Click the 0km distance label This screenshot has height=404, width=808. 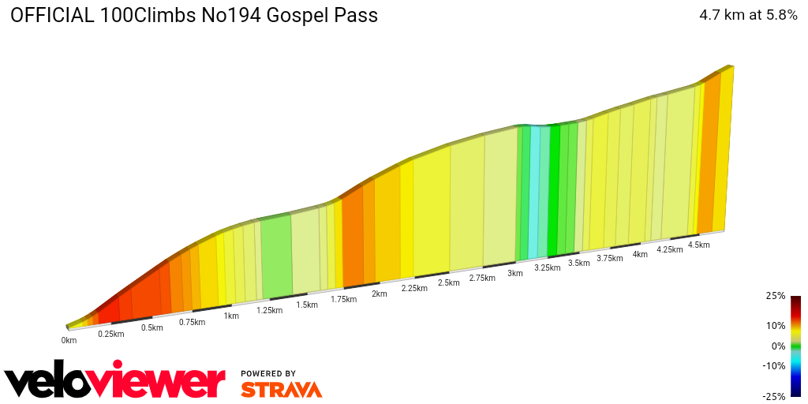tap(69, 340)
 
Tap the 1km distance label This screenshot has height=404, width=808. tap(231, 316)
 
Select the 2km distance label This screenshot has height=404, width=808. tap(379, 294)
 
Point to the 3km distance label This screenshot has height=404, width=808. tap(515, 273)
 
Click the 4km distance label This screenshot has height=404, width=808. tap(640, 254)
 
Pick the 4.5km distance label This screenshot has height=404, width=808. tap(698, 245)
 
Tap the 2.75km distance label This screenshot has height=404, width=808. tap(482, 278)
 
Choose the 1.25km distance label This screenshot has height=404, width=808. tap(269, 310)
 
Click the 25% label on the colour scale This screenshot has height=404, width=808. tap(775, 296)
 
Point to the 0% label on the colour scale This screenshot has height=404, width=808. tap(778, 346)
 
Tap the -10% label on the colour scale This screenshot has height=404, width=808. tap(773, 365)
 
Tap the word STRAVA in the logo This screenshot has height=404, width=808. tap(281, 389)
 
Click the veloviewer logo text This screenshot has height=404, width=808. tap(115, 382)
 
